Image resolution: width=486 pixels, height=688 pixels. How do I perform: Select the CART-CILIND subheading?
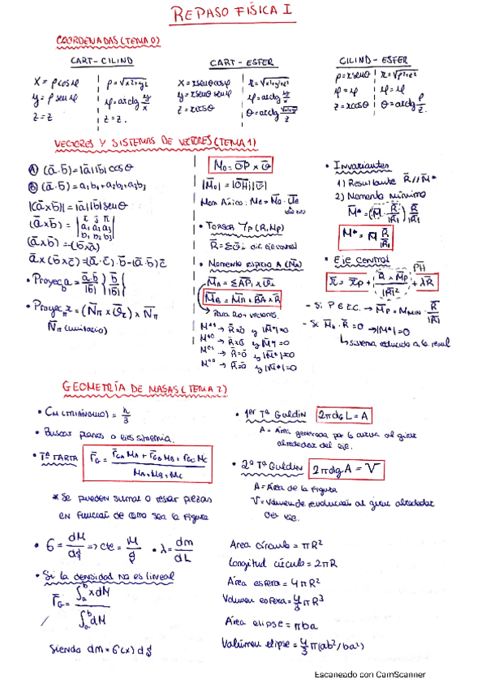tap(103, 61)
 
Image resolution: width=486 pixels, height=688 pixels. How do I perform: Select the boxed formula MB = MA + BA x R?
tap(240, 299)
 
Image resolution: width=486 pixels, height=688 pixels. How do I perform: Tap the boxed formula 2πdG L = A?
tap(345, 415)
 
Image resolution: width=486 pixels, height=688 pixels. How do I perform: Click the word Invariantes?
tap(363, 166)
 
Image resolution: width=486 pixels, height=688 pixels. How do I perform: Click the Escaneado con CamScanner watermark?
tap(370, 674)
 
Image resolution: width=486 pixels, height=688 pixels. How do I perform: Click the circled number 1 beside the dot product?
tap(33, 169)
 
